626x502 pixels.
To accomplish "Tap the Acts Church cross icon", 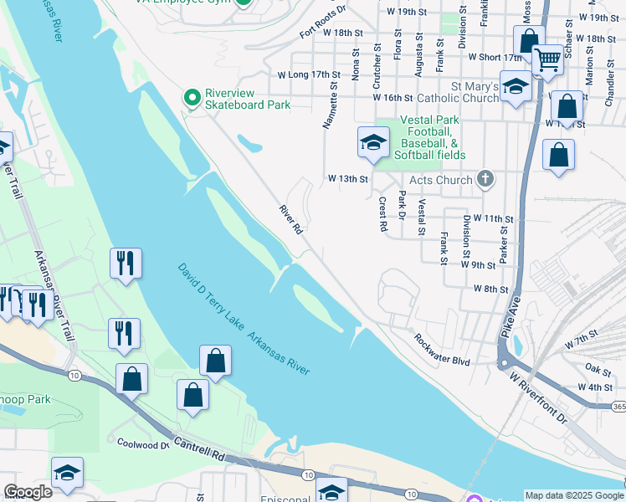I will point(484,179).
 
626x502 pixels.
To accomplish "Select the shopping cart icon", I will point(547,59).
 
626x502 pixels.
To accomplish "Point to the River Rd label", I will point(290,219).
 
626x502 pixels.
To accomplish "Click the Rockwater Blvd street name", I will point(443,350).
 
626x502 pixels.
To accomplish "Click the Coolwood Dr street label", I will point(143,444).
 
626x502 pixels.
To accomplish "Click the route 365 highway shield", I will point(618,406).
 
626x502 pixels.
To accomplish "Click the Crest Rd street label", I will point(382,214).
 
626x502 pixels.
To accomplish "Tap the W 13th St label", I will point(348,179).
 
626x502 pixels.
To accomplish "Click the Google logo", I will point(28,492).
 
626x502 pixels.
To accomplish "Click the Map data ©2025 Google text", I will point(573,495).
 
